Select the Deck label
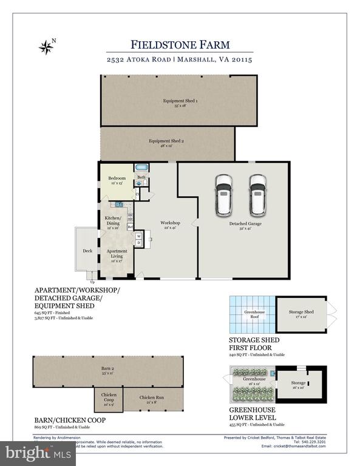87,250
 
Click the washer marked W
138,236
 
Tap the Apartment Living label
117,253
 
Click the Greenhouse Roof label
250,314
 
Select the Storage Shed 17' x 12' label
301,314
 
